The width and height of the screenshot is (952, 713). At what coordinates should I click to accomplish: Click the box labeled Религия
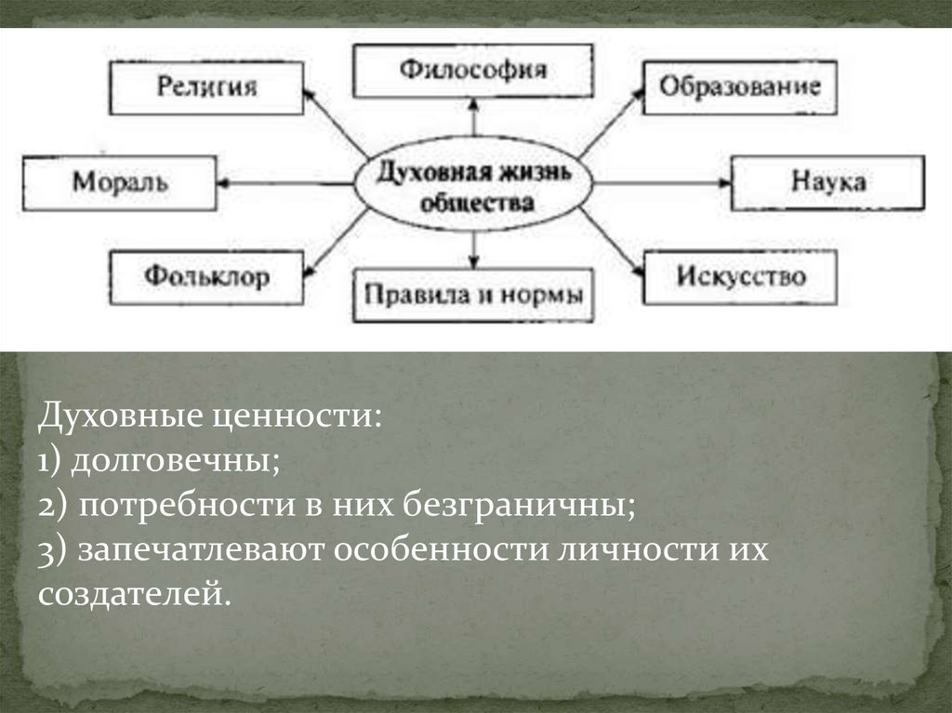click(206, 88)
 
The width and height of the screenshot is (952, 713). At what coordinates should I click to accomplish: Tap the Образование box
click(740, 88)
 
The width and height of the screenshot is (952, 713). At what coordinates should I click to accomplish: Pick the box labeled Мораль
click(121, 182)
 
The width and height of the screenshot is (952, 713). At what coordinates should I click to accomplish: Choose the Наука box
click(828, 182)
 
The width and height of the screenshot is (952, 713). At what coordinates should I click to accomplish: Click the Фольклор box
click(206, 277)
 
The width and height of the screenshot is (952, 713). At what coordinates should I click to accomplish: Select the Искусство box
click(740, 277)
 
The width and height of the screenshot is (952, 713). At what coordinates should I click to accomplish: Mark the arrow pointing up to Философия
click(474, 119)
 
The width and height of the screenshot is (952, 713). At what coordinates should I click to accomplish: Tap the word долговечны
click(173, 459)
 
